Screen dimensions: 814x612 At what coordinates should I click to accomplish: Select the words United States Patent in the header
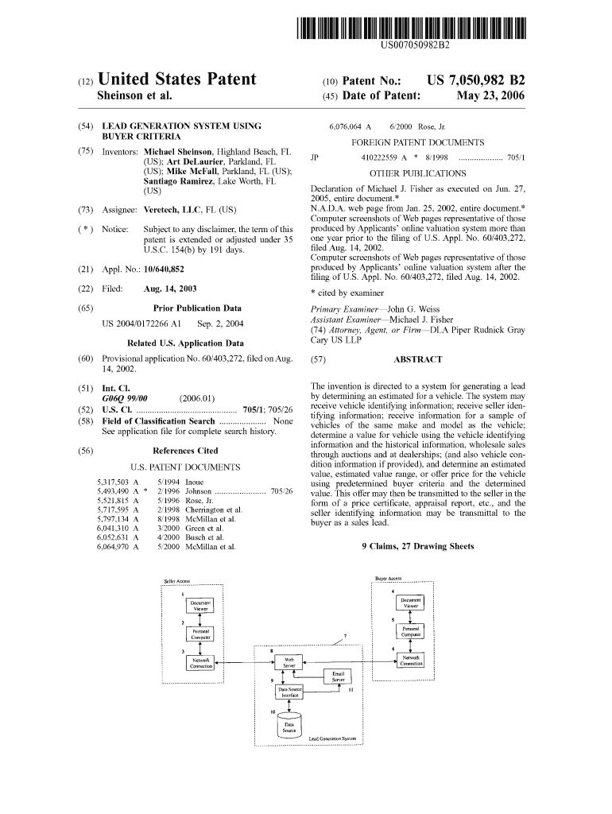tap(176, 79)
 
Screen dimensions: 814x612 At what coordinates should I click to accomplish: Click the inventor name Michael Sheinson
tap(177, 151)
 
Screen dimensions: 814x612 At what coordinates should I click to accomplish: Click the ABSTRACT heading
tap(418, 359)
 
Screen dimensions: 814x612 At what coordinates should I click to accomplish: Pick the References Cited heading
tap(185, 451)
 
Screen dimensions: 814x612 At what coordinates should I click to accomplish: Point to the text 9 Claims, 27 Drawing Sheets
tap(417, 546)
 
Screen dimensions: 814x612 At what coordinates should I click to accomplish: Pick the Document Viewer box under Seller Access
tap(199, 606)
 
